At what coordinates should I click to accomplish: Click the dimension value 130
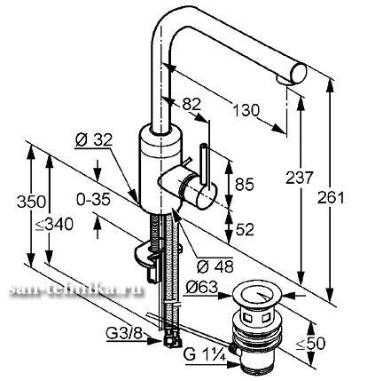pos(246,111)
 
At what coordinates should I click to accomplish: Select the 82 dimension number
pos(191,104)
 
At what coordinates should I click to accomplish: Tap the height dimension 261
pos(331,198)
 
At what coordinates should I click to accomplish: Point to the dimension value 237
pos(299,178)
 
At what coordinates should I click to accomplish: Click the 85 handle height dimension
pos(245,184)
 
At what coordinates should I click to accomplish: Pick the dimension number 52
pos(245,229)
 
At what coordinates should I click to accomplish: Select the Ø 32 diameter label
pos(94,139)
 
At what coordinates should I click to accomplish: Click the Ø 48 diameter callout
pos(215,266)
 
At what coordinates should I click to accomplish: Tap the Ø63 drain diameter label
pos(202,287)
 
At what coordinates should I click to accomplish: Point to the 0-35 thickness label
pos(93,200)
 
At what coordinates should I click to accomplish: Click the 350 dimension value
pos(31,202)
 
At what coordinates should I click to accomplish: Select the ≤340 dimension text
pos(54,224)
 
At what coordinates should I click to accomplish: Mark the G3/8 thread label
pos(124,334)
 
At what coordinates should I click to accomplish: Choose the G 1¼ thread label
pos(205,354)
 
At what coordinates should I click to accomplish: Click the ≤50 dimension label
pos(310,344)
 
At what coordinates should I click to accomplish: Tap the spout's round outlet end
pos(299,74)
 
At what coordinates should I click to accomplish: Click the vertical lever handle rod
pos(206,167)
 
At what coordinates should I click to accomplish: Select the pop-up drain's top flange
pos(256,296)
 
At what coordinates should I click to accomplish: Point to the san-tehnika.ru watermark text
pos(75,290)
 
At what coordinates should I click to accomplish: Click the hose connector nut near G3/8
pos(171,337)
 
